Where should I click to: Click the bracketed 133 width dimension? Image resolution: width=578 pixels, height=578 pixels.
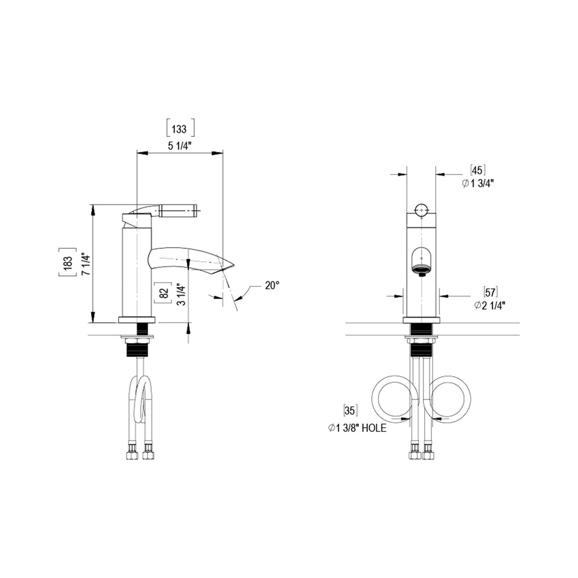point(179,129)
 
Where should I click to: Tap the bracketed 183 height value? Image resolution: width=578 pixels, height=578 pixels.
point(67,262)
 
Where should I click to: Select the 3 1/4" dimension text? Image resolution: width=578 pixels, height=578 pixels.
point(181,294)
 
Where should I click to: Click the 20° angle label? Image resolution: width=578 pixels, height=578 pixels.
point(272,285)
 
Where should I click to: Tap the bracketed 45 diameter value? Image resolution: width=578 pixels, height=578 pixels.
point(477,171)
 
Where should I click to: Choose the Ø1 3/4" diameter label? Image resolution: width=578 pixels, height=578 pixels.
point(477,184)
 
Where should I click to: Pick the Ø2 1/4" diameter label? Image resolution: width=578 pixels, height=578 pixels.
point(490,305)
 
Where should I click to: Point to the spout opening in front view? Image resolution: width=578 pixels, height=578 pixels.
point(422,262)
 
